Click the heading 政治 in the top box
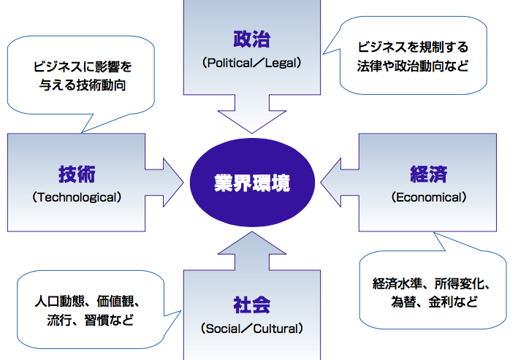[x=252, y=39]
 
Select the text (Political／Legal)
[x=252, y=63]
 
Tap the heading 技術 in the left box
[x=77, y=174]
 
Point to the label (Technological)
[x=77, y=197]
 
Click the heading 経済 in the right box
[x=428, y=174]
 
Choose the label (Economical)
[x=429, y=197]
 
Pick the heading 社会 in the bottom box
[x=252, y=305]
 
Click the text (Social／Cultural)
[x=252, y=329]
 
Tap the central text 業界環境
[x=252, y=183]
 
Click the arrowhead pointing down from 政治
[x=252, y=121]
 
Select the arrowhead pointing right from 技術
[x=173, y=183]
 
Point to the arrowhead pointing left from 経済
[x=331, y=183]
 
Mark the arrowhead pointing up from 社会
[x=252, y=243]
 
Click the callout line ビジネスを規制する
[x=413, y=47]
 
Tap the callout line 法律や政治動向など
[x=413, y=66]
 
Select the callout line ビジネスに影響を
[x=83, y=66]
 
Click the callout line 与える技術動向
[x=83, y=85]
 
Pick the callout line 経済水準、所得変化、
[x=432, y=283]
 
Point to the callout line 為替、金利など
[x=435, y=302]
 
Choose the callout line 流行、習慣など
[x=91, y=320]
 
